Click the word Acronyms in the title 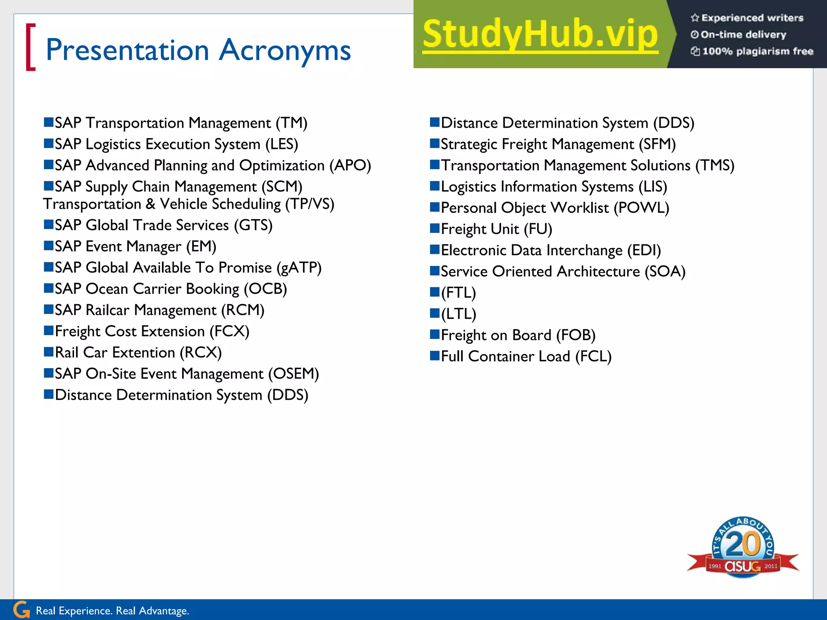(x=285, y=51)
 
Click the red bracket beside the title (x=30, y=47)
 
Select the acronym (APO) (x=350, y=165)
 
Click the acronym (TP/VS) (x=310, y=204)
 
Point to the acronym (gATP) (x=299, y=268)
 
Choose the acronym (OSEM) (x=294, y=374)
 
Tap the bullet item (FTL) (x=458, y=293)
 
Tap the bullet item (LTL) (x=458, y=314)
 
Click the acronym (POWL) (x=641, y=208)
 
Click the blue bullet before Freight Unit (x=434, y=228)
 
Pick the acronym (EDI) (x=644, y=251)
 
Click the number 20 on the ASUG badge (x=743, y=544)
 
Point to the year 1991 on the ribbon (x=714, y=566)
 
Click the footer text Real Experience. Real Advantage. (x=112, y=611)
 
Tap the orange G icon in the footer (x=21, y=610)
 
